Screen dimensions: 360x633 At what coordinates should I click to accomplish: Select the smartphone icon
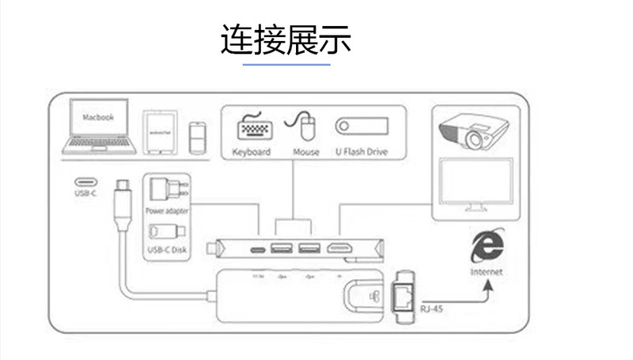pos(198,137)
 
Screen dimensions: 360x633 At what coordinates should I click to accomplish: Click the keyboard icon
pos(252,127)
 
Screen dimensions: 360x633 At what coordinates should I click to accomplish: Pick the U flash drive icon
pos(361,127)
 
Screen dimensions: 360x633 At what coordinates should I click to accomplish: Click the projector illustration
pos(468,130)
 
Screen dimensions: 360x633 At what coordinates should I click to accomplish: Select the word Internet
pos(486,271)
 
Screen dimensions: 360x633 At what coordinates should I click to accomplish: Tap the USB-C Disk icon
pos(168,234)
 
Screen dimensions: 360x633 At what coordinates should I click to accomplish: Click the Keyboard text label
pos(252,152)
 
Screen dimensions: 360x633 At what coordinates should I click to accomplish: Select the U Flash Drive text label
pos(361,152)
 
